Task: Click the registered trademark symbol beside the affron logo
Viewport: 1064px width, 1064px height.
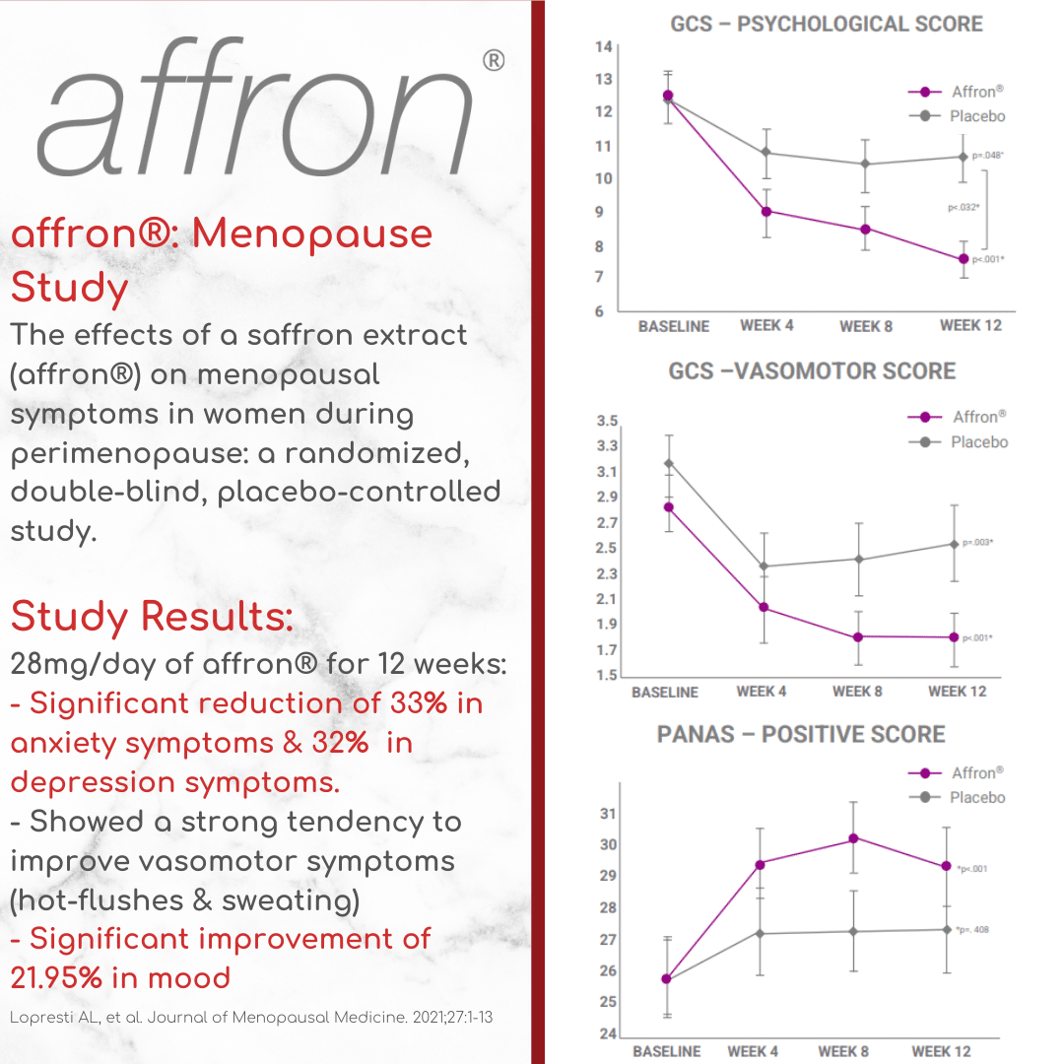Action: [x=494, y=61]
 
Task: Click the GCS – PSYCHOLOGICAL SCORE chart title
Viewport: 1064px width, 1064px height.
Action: [x=826, y=23]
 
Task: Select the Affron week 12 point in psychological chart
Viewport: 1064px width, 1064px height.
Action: [x=964, y=259]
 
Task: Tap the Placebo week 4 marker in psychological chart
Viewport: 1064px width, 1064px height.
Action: [x=765, y=153]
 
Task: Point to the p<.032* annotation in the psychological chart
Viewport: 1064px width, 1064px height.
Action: [x=963, y=207]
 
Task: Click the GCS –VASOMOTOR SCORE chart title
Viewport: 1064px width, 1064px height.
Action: [x=812, y=371]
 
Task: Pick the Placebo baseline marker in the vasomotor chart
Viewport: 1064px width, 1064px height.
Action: [x=668, y=463]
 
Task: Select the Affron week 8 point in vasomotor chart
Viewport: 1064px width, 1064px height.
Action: [x=858, y=637]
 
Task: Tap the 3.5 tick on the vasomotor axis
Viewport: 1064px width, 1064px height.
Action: [x=607, y=422]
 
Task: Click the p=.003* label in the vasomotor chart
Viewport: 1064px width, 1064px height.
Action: [x=977, y=542]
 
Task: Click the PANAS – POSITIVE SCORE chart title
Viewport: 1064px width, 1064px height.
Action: [x=801, y=734]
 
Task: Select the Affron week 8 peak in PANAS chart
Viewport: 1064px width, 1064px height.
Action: [x=854, y=838]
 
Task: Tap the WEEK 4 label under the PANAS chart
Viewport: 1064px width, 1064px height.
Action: [x=753, y=1051]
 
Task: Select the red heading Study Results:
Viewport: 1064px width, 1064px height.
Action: [x=152, y=618]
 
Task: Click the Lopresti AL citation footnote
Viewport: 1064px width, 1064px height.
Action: [x=251, y=1017]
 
